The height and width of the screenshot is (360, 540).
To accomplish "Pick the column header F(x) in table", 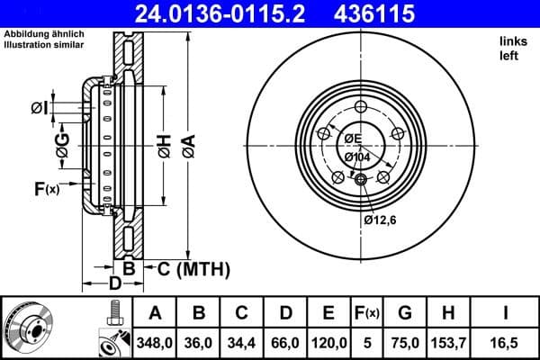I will point(366,312).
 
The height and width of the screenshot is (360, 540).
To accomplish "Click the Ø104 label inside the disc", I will point(357,157).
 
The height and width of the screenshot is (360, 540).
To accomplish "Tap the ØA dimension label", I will point(188,145).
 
